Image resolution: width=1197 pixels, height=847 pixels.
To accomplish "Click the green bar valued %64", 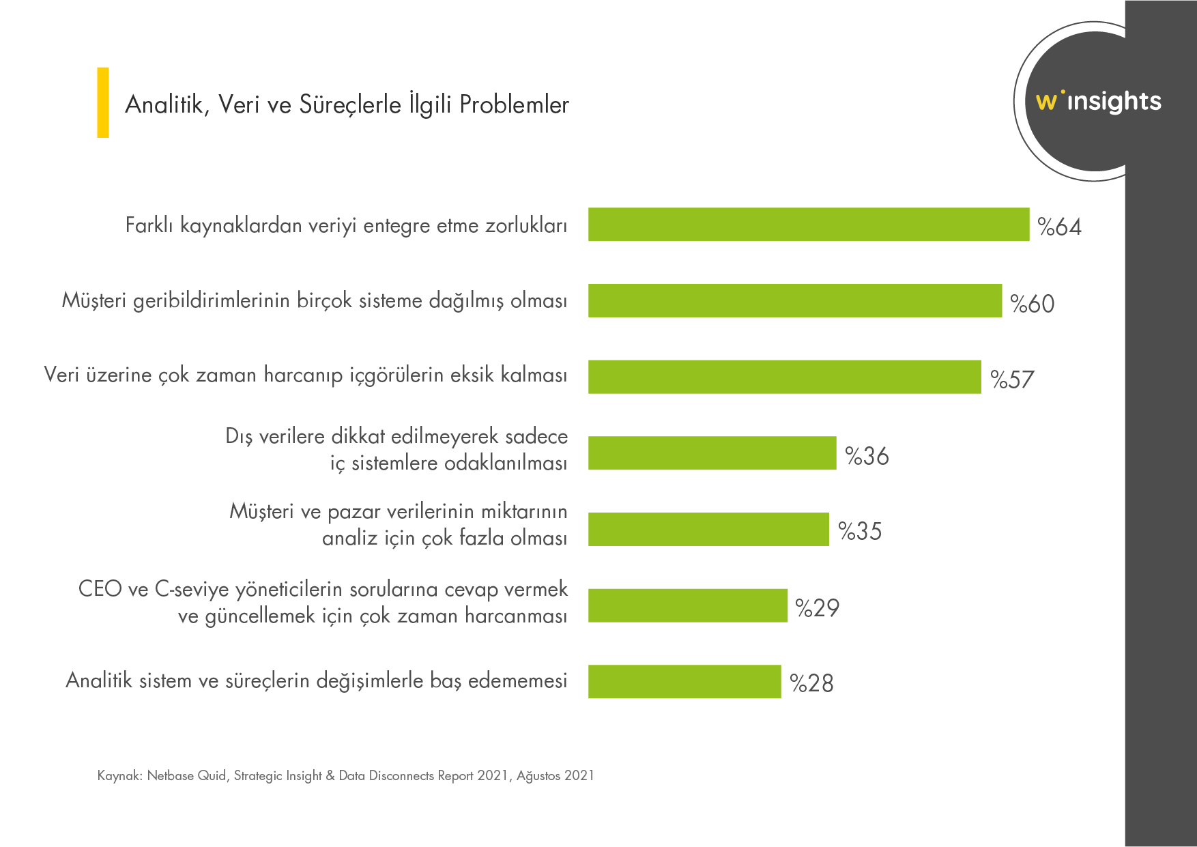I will coord(809,225).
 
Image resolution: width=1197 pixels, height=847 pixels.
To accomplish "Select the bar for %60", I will coord(795,301).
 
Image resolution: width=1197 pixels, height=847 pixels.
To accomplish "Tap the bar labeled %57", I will coord(785,377).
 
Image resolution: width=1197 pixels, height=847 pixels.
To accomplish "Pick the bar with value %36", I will coord(712,453).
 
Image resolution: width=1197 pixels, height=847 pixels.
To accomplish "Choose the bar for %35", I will coord(708,530).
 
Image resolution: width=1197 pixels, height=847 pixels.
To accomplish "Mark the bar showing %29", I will coord(688,605).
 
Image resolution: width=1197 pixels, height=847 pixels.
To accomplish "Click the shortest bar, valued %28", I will coord(684,682).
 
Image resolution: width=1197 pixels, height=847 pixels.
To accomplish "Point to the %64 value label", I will coord(1059,227).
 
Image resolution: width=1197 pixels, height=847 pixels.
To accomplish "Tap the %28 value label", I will coord(811,683).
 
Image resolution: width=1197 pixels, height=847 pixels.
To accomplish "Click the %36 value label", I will coord(867,456).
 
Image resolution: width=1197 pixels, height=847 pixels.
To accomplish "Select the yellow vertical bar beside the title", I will coord(103,102).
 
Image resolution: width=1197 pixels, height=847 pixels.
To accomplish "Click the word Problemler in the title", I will coord(514,104).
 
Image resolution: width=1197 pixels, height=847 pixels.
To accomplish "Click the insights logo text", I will coord(1114,102).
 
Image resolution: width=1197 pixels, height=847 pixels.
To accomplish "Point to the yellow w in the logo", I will coord(1045,102).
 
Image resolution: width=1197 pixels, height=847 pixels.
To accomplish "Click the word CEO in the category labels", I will coord(100,588).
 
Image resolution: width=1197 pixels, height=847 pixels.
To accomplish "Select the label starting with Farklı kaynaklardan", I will coord(346,225).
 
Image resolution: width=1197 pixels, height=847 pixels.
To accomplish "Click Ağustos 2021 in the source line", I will coord(555,775).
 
